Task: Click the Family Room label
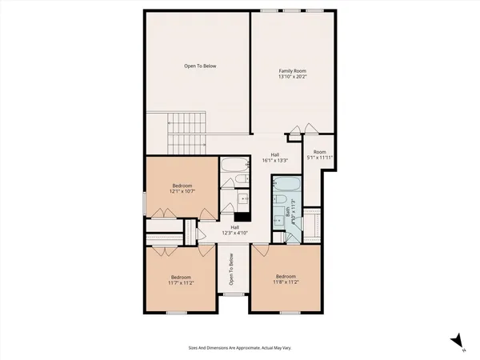click(x=292, y=71)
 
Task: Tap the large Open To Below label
click(x=200, y=66)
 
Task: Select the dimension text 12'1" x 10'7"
click(x=182, y=192)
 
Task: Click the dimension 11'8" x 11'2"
click(x=286, y=282)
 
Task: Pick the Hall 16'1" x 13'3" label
click(x=274, y=159)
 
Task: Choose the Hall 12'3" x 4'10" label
click(x=235, y=230)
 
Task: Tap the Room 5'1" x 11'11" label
click(x=320, y=155)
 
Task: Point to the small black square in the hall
click(x=238, y=214)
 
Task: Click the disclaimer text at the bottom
click(x=239, y=348)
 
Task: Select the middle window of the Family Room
click(x=291, y=10)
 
